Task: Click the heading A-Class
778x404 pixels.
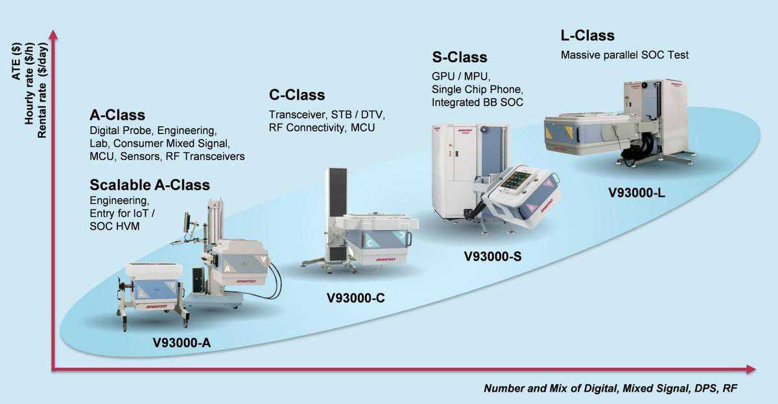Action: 117,115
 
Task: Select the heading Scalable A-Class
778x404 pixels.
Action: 150,185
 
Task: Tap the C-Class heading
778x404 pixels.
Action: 297,95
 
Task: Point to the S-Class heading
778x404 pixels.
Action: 459,57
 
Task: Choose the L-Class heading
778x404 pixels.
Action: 587,36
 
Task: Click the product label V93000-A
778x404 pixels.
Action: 182,342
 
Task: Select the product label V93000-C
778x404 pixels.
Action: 356,298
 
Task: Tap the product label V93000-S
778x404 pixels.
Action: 493,256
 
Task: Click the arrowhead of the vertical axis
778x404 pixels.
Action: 54,35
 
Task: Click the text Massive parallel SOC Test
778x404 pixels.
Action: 624,55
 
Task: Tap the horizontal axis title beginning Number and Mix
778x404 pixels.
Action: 610,388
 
